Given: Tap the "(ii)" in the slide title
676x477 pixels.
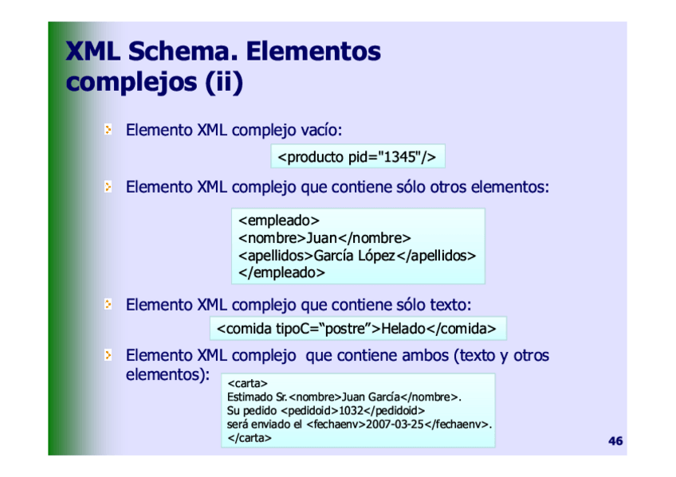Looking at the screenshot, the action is point(224,82).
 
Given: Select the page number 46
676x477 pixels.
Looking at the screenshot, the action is point(615,441).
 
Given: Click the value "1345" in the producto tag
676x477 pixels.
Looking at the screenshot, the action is point(399,157).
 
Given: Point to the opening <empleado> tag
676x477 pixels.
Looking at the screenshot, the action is point(279,221).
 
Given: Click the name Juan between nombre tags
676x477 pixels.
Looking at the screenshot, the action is point(321,237).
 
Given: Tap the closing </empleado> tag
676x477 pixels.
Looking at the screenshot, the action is point(281,272).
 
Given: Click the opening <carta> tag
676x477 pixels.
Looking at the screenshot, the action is point(247,383).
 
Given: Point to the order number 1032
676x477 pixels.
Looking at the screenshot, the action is point(351,410).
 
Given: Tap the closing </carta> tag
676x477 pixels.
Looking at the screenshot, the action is point(250,438).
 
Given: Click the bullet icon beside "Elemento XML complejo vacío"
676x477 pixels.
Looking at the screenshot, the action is point(108,129).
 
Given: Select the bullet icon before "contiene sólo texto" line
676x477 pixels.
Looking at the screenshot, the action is point(108,304).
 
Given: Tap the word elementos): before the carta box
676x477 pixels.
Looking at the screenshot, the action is point(167,374).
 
